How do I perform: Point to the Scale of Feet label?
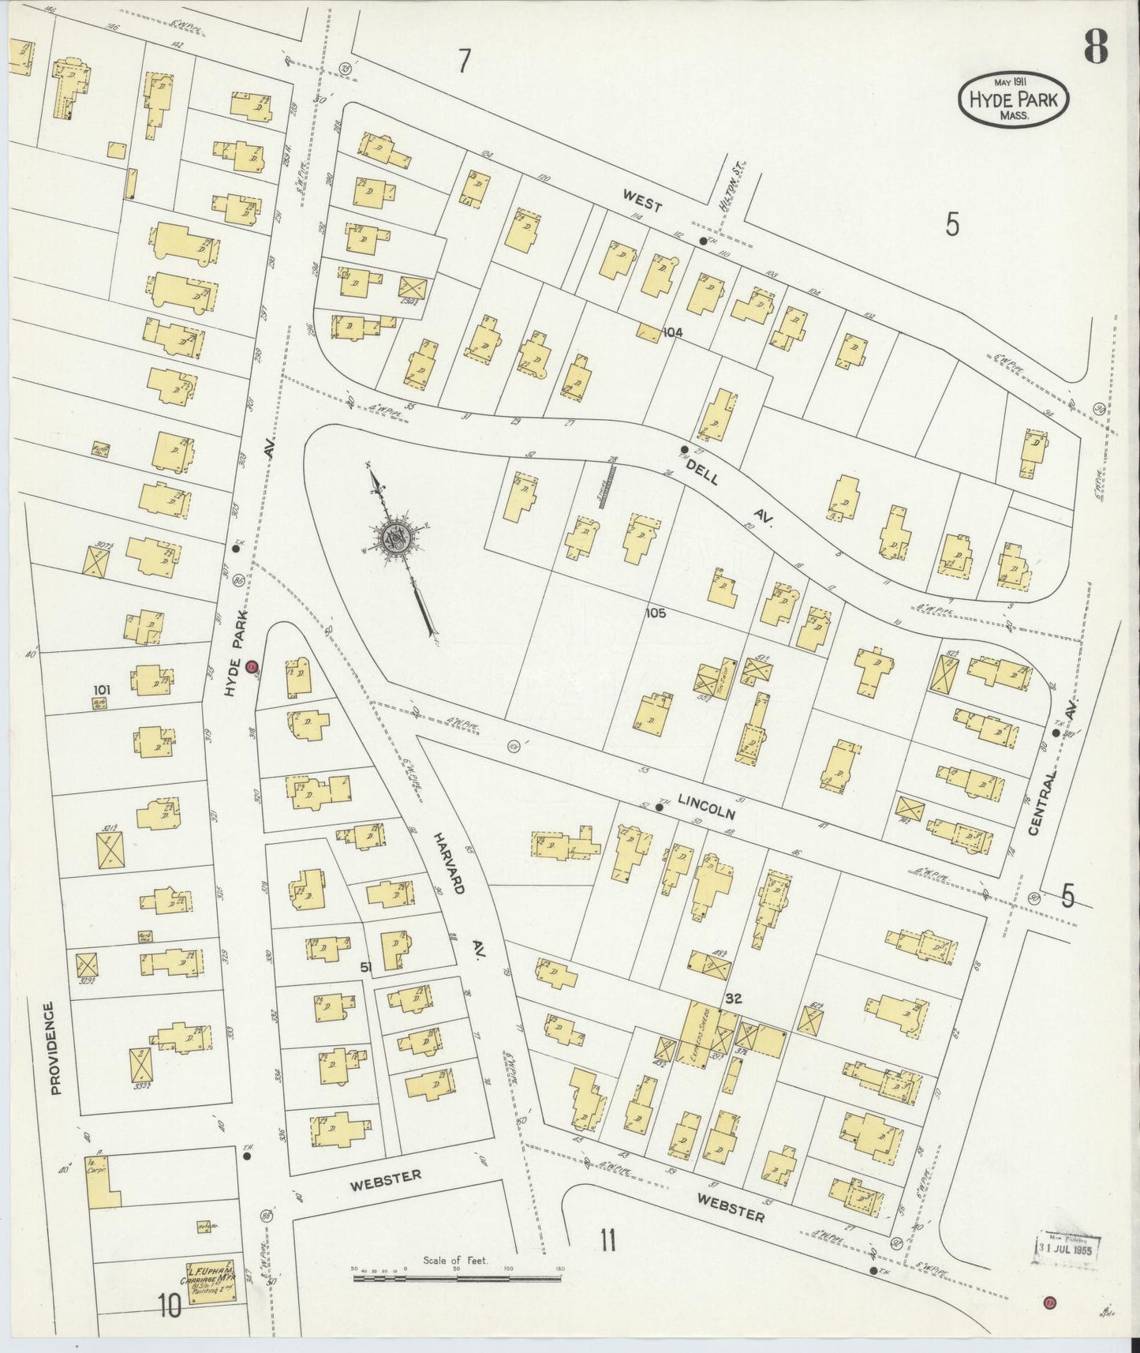tap(455, 1261)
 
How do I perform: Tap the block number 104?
tap(672, 332)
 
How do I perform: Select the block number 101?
tap(103, 690)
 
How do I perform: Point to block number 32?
tap(734, 999)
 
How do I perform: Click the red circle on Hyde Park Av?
tap(252, 667)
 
